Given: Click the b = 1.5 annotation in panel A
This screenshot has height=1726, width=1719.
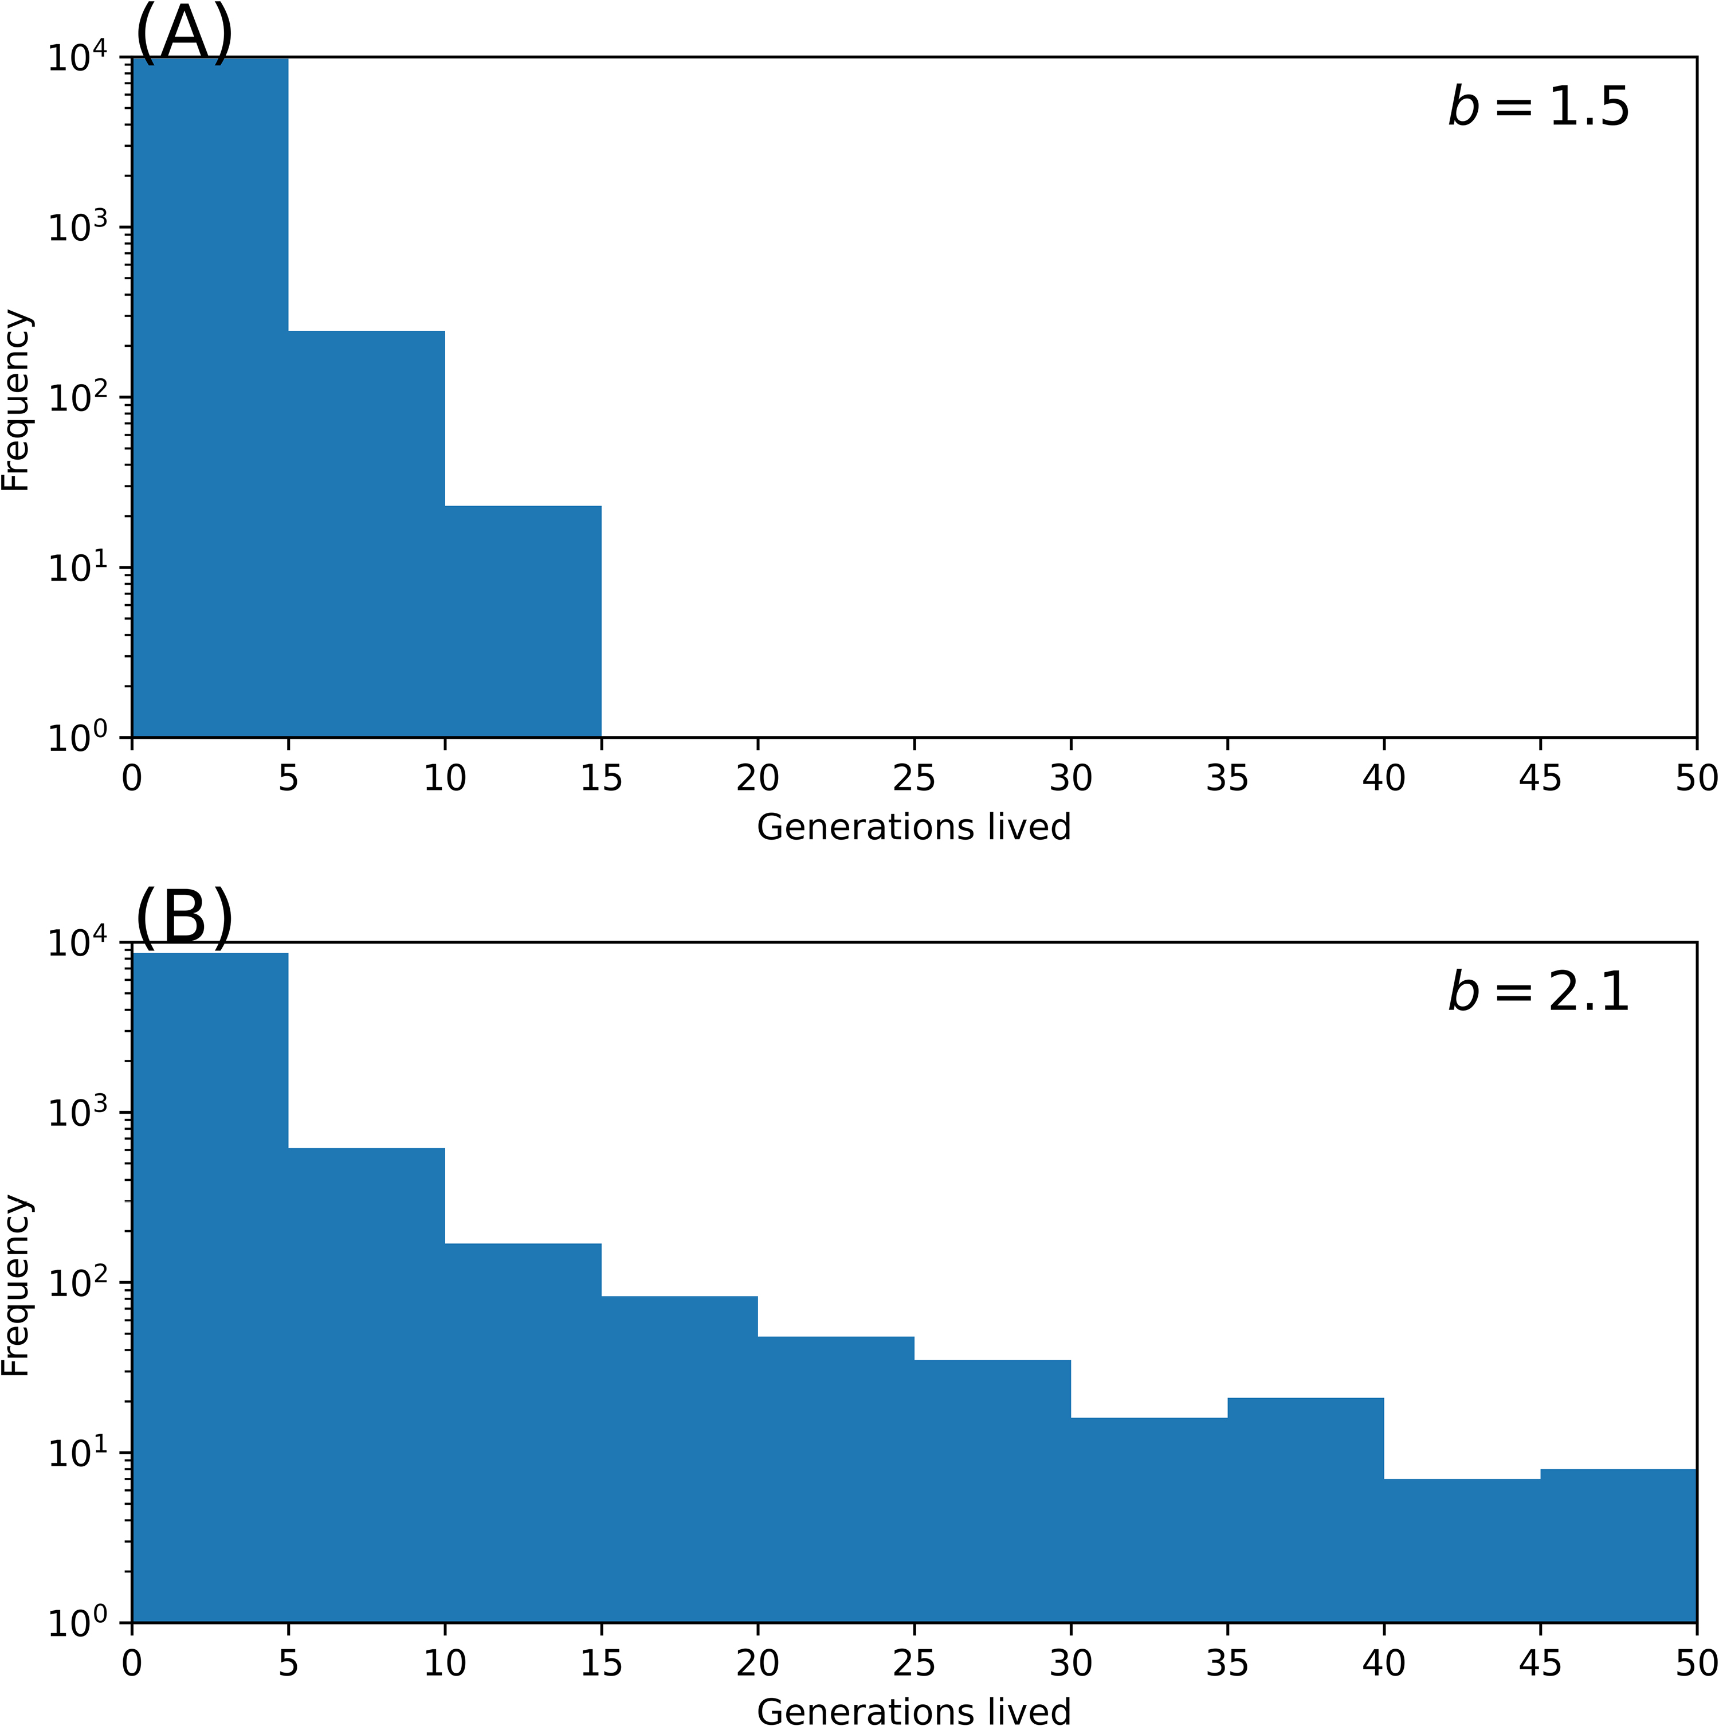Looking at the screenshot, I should (x=1538, y=107).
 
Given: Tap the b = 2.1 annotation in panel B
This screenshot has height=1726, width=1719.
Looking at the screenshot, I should (x=1538, y=992).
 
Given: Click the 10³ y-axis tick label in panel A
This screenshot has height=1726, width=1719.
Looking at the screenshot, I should (x=76, y=227).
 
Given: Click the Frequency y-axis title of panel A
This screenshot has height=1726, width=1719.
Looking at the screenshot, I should (x=16, y=400).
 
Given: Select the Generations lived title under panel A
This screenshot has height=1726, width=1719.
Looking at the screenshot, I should (x=913, y=827).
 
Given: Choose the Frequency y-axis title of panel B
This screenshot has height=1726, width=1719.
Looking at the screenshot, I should (x=16, y=1285).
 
